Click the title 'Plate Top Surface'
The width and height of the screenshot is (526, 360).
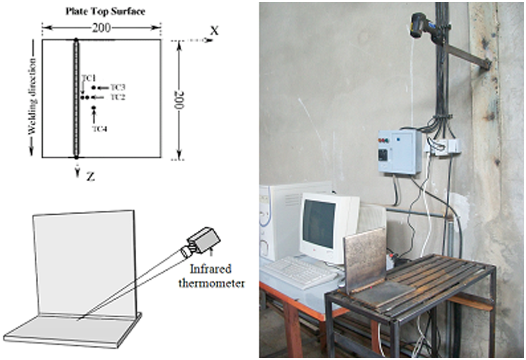click(x=105, y=12)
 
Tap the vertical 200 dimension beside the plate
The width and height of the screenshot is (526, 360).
click(x=180, y=100)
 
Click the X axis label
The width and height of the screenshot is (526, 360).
click(x=214, y=30)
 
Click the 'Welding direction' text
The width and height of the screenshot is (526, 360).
click(x=33, y=96)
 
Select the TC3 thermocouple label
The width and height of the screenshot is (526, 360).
click(x=118, y=87)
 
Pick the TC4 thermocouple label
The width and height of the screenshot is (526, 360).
click(x=99, y=129)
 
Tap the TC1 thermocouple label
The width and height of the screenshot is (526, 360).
click(x=89, y=78)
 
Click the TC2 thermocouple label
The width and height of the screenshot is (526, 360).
click(x=118, y=97)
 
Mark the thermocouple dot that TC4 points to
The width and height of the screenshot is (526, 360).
click(x=94, y=108)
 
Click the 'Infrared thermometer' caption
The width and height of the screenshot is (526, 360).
click(x=211, y=276)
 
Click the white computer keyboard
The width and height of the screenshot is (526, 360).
click(x=299, y=272)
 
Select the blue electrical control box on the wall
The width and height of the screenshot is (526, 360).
click(x=399, y=152)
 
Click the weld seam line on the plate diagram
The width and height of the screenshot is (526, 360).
click(x=76, y=98)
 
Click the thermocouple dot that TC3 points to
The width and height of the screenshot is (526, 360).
click(x=94, y=88)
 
